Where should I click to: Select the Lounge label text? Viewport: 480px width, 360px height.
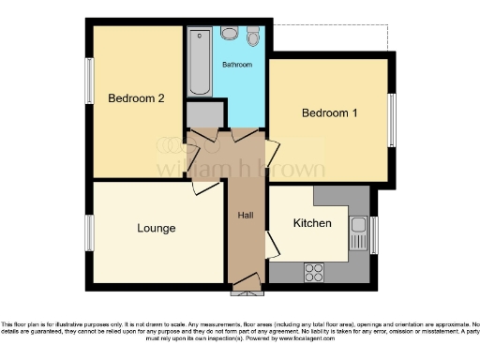click(x=156, y=228)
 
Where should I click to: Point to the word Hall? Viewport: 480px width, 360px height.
click(x=246, y=216)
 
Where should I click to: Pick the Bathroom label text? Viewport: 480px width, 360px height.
click(x=236, y=66)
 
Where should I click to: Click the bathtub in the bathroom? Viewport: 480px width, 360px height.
click(x=199, y=63)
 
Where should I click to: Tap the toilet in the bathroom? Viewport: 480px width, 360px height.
click(x=253, y=37)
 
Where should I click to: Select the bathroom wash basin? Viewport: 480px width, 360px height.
click(x=229, y=34)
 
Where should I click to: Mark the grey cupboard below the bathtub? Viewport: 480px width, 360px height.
click(x=203, y=114)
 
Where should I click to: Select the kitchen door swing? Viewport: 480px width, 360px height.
click(x=272, y=246)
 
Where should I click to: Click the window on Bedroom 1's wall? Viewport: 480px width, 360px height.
click(x=392, y=117)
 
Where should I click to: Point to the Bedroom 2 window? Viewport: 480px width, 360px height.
click(x=90, y=96)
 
